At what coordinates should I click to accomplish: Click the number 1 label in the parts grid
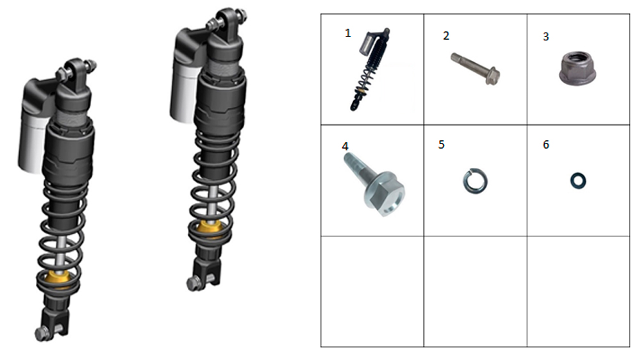348,33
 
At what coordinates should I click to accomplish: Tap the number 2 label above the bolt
446,36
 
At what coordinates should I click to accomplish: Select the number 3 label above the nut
545,37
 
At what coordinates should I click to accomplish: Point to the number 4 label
345,146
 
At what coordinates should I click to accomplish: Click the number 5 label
441,145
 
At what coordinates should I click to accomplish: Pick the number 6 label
545,145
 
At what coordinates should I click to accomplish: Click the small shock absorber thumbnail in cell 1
370,69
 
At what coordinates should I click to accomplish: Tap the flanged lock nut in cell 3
578,69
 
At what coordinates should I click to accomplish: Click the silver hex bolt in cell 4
375,187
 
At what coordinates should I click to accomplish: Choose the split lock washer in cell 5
475,181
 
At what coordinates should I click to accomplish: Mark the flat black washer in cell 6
578,181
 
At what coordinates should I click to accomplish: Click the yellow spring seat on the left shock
57,277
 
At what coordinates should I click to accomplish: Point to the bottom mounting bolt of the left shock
42,333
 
